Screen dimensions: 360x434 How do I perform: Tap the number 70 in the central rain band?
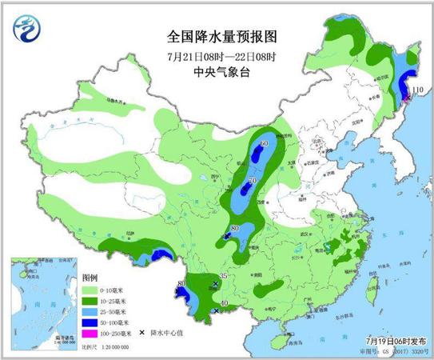(x=253, y=182)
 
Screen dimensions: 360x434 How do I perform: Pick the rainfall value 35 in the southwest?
(x=224, y=277)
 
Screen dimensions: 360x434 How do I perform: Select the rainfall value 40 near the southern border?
(x=225, y=303)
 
